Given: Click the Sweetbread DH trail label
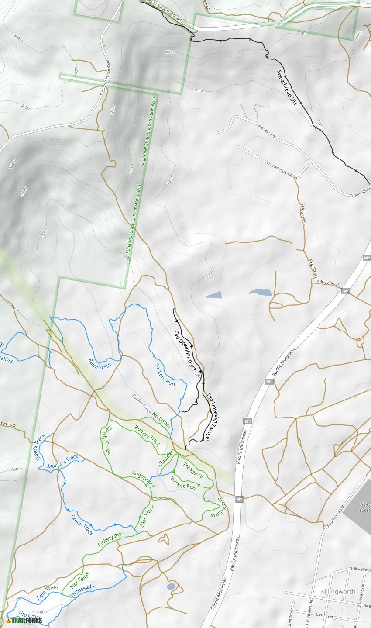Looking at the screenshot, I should (287, 87).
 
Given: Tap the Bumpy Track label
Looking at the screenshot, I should (148, 436).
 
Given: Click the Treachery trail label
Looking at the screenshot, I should (193, 470).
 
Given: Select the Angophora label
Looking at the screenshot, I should (144, 478).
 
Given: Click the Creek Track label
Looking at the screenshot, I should (82, 524).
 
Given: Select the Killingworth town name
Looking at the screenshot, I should (338, 591).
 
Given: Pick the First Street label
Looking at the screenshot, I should (313, 269).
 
